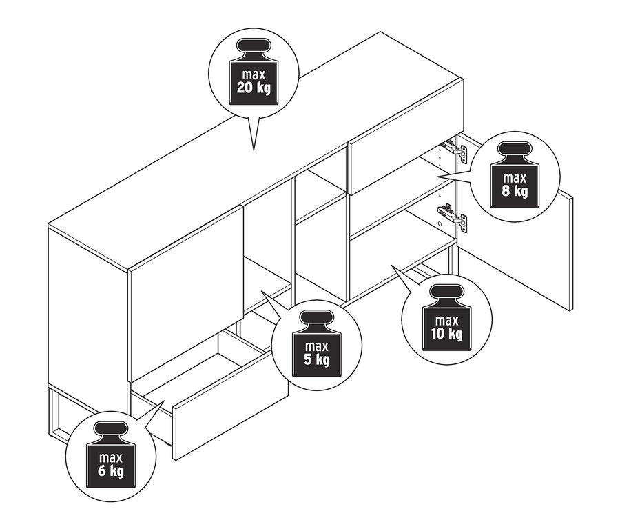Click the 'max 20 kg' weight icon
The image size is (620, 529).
(x=254, y=72)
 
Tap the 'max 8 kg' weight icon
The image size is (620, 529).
(x=515, y=174)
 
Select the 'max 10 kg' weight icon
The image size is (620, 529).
(x=447, y=318)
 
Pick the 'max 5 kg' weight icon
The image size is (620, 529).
(x=316, y=343)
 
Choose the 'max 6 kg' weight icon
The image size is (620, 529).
(x=111, y=455)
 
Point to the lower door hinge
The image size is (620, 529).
(x=454, y=216)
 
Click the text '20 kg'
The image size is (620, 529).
(x=254, y=88)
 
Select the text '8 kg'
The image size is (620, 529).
(x=515, y=191)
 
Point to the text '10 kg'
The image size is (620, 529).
(x=447, y=334)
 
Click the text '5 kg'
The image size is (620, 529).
(x=316, y=359)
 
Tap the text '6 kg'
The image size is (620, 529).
(x=111, y=471)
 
